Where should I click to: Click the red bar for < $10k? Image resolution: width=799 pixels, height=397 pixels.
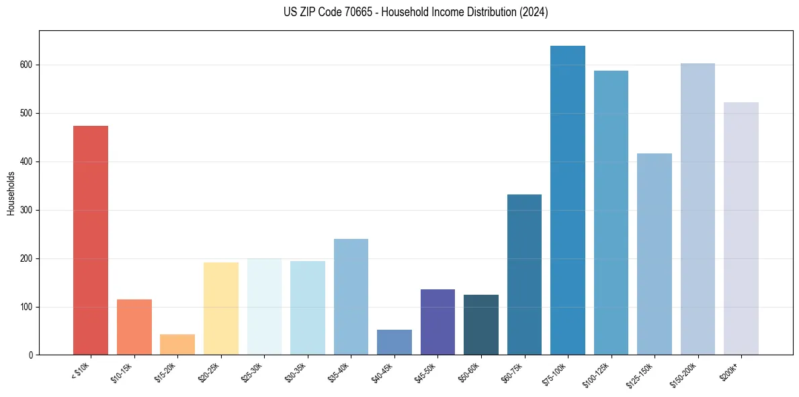(x=90, y=240)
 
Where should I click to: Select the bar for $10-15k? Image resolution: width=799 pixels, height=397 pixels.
(x=134, y=327)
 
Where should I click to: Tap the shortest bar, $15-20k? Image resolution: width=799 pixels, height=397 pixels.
(x=177, y=345)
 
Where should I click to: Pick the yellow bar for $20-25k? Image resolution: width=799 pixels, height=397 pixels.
(x=221, y=309)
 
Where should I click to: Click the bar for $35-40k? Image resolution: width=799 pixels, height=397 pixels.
(x=351, y=297)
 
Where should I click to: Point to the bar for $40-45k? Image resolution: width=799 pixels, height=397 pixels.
(x=394, y=342)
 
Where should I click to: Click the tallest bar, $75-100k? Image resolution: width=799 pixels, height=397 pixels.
(x=568, y=201)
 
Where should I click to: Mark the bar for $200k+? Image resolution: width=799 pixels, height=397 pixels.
(x=741, y=229)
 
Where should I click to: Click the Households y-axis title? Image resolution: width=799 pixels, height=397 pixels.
(x=11, y=193)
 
